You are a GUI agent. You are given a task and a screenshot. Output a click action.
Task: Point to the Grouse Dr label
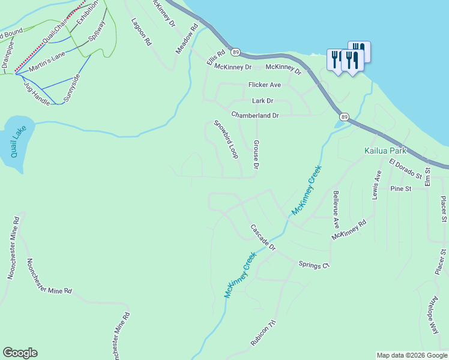[x=256, y=155]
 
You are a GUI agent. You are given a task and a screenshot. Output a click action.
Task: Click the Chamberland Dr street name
[x=255, y=115]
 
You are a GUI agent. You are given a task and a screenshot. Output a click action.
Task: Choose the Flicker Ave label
[x=265, y=85]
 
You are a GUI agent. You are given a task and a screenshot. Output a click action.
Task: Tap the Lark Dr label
[x=262, y=101]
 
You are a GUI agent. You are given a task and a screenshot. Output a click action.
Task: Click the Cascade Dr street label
[x=262, y=238]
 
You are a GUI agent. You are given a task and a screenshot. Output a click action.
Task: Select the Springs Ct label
[x=314, y=265]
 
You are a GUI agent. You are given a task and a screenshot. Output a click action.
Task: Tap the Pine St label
[x=399, y=188]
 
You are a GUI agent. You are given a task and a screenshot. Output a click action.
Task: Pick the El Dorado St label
[x=405, y=169]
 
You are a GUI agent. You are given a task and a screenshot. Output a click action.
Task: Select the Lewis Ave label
[x=378, y=185]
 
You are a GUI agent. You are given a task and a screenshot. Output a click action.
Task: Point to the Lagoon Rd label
[x=142, y=32]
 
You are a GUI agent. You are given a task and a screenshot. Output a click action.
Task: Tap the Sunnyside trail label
[x=71, y=88]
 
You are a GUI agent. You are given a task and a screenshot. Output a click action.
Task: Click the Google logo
[x=20, y=353]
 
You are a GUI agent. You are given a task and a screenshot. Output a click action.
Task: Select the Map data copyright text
[x=411, y=355]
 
